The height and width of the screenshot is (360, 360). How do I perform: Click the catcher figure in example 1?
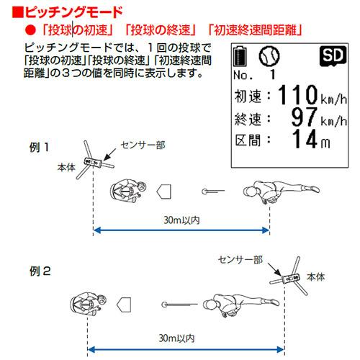pos(128,192)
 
